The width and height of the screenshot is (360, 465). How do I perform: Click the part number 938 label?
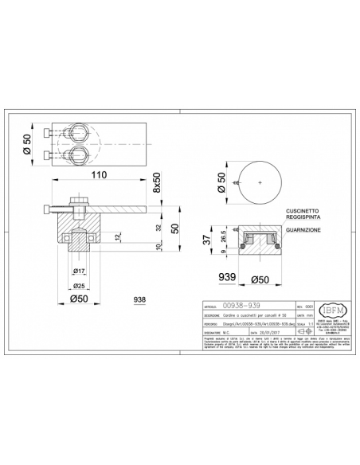pyautogui.click(x=140, y=299)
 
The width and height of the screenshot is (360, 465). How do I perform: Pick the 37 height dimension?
pyautogui.click(x=206, y=240)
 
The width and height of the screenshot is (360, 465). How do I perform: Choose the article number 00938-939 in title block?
pyautogui.click(x=243, y=304)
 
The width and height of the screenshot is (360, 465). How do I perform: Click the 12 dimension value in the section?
pyautogui.click(x=118, y=238)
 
